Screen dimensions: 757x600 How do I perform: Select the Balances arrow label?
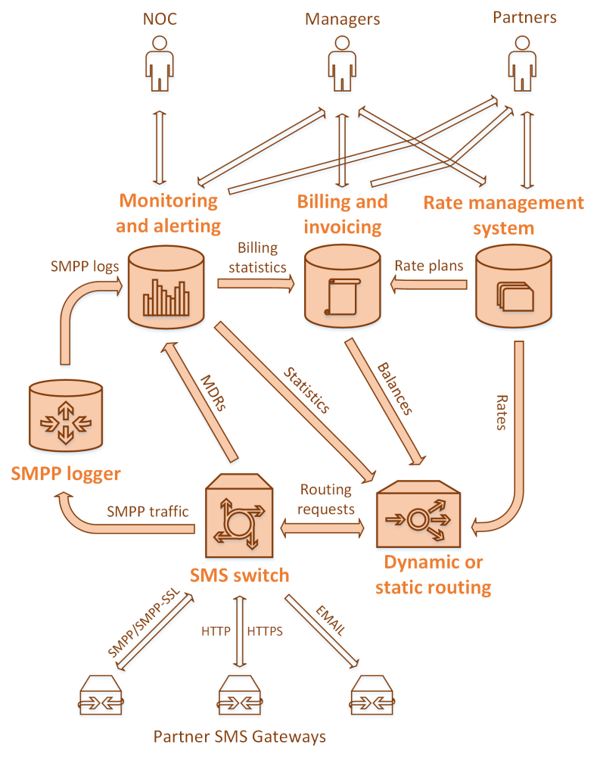point(395,391)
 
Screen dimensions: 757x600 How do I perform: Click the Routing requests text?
point(327,500)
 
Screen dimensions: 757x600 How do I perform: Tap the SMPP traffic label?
point(148,512)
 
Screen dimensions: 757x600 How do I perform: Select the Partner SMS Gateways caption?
point(240,736)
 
